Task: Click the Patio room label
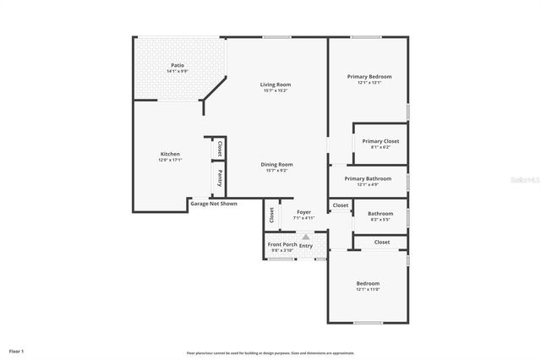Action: pyautogui.click(x=178, y=65)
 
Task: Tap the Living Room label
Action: pyautogui.click(x=275, y=85)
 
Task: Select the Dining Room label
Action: pyautogui.click(x=276, y=164)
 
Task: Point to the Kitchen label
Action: pyautogui.click(x=170, y=154)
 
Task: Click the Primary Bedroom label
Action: pyautogui.click(x=369, y=76)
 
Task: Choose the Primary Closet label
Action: pyautogui.click(x=380, y=141)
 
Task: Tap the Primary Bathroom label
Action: pyautogui.click(x=367, y=178)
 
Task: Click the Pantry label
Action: pyautogui.click(x=220, y=178)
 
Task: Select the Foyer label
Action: pyautogui.click(x=303, y=212)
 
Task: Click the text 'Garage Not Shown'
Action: pyautogui.click(x=213, y=204)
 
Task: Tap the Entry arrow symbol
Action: pyautogui.click(x=306, y=237)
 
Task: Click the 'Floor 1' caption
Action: pyautogui.click(x=16, y=350)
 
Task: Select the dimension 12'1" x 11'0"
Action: pyautogui.click(x=368, y=290)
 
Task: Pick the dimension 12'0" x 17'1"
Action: pyautogui.click(x=170, y=160)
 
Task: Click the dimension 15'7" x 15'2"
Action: pyautogui.click(x=275, y=90)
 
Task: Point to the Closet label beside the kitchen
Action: pyautogui.click(x=220, y=149)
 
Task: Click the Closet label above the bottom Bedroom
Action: pyautogui.click(x=382, y=242)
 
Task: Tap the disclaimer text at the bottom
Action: pyautogui.click(x=271, y=352)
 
